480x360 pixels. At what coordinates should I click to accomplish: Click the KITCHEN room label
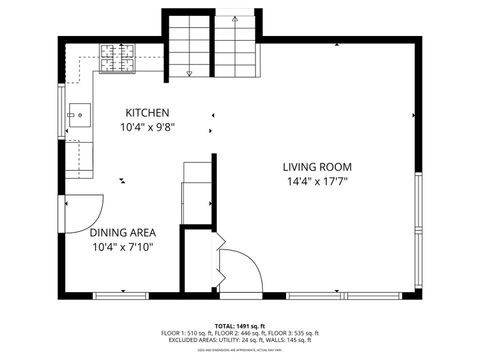[x=146, y=113]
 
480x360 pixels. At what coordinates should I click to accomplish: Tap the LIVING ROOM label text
[x=316, y=167]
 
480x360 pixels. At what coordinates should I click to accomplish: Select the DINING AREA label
[x=122, y=233]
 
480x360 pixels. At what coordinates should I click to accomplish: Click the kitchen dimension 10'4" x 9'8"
[x=146, y=128]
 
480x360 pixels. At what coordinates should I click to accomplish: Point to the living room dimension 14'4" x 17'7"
[x=316, y=182]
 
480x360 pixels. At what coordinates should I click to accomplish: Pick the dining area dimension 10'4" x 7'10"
[x=122, y=247]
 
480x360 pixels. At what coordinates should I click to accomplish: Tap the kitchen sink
[x=77, y=115]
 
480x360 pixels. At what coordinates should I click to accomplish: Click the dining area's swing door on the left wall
[x=85, y=211]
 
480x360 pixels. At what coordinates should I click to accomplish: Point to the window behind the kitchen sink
[x=62, y=115]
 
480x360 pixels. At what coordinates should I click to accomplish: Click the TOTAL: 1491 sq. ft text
[x=240, y=326]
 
